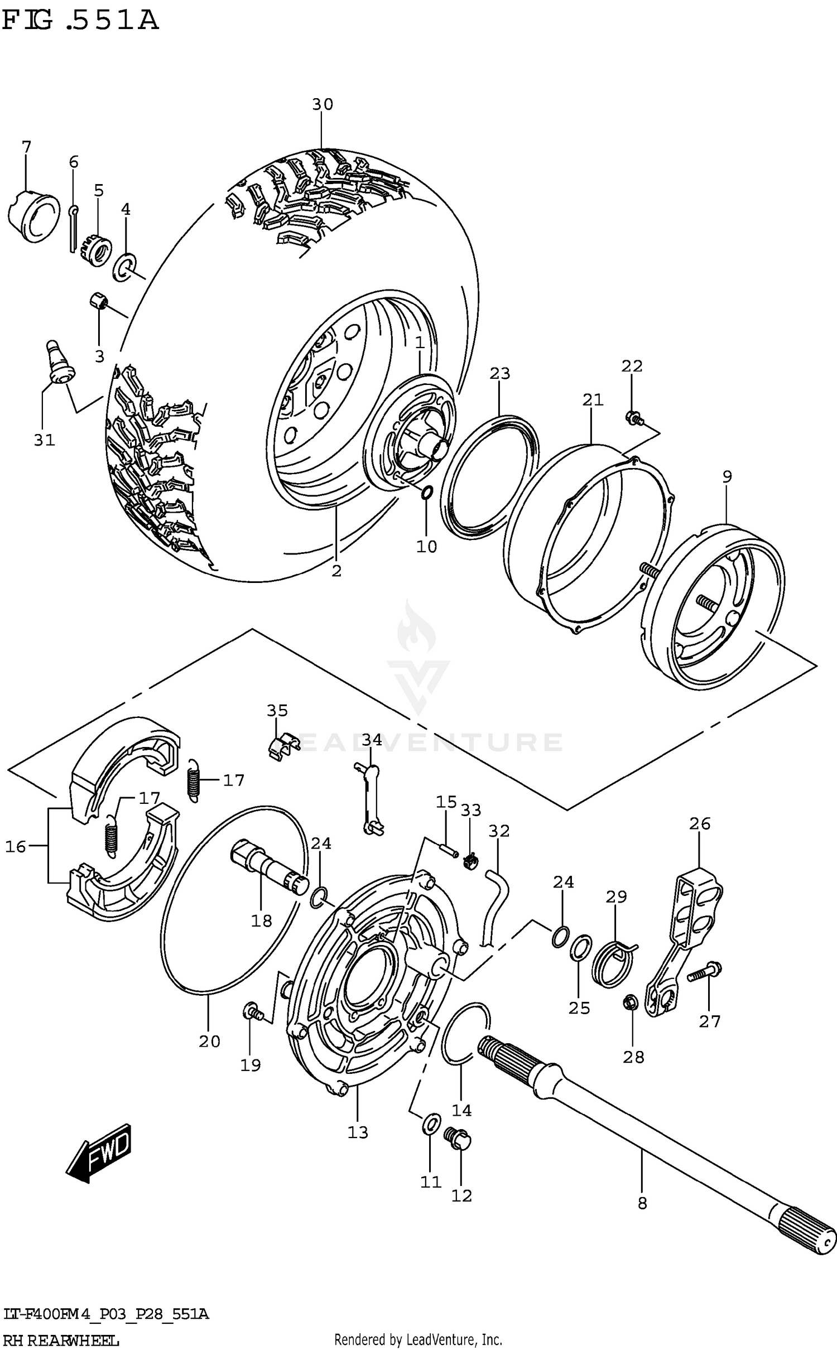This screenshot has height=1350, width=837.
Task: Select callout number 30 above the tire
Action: (322, 104)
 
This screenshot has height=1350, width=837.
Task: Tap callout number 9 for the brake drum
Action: (727, 477)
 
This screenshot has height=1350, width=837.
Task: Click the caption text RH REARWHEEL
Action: (60, 1341)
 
